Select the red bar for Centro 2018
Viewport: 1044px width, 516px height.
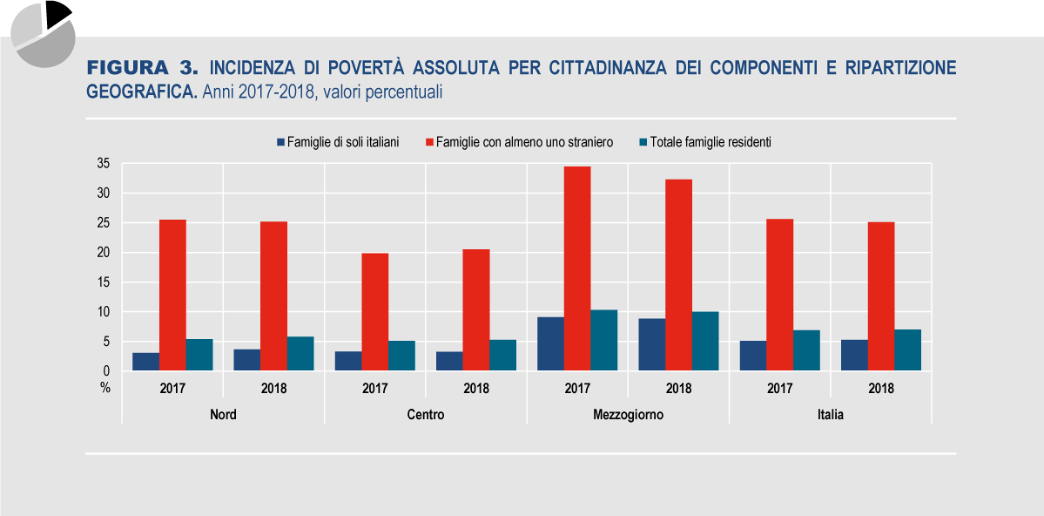pos(475,310)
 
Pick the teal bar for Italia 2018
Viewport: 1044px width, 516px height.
pos(907,350)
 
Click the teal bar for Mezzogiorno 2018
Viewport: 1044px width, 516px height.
pos(705,342)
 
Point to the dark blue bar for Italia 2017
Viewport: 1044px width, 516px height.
pos(751,356)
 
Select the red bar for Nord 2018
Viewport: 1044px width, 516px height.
pos(273,296)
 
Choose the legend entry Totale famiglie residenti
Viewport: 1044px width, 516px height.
pos(711,142)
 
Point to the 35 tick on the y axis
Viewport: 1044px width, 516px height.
pos(103,163)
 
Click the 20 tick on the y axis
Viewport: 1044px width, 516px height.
pos(103,253)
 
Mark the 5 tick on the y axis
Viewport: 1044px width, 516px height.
pos(105,342)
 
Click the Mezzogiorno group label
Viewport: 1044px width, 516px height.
pos(627,415)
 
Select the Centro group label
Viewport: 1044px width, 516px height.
pos(425,415)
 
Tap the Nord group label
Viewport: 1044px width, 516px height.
pos(223,415)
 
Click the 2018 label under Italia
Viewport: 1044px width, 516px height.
pos(880,389)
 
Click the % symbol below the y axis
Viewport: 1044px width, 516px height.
pos(104,389)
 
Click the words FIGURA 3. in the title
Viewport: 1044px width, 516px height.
pos(143,68)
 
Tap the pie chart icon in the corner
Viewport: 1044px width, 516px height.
pos(43,33)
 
